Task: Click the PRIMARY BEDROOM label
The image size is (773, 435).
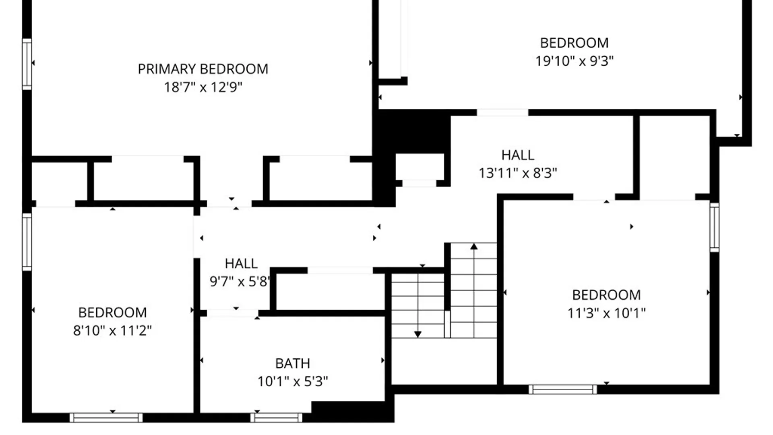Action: (x=203, y=69)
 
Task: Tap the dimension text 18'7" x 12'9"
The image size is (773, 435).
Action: (x=203, y=87)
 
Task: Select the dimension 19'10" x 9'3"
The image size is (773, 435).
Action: (x=574, y=61)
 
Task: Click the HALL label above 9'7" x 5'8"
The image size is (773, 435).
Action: (x=241, y=263)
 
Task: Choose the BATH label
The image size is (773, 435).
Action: (x=293, y=363)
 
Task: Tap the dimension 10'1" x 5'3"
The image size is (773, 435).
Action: (x=293, y=381)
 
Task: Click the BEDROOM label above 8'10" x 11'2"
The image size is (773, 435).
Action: (x=112, y=313)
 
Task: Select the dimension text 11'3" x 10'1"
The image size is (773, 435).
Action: (x=606, y=313)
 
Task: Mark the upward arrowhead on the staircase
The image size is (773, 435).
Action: (x=474, y=246)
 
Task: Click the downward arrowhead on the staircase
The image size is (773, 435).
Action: (x=418, y=334)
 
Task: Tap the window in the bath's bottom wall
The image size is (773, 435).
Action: (x=276, y=418)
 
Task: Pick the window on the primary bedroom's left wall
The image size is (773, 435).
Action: (x=27, y=64)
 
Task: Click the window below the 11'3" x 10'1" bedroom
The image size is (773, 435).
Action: (x=562, y=389)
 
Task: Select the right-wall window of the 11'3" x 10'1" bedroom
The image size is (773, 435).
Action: (x=714, y=228)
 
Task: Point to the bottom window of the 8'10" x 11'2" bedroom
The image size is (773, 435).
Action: (x=106, y=418)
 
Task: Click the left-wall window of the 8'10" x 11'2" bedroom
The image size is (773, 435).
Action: (x=27, y=242)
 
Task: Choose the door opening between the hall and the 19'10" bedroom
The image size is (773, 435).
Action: (x=502, y=112)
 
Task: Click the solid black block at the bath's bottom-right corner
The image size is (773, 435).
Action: (x=352, y=411)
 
